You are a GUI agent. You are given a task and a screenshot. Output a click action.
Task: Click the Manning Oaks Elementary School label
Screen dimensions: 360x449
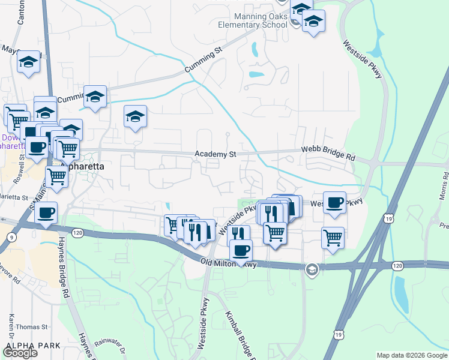[x=252, y=20]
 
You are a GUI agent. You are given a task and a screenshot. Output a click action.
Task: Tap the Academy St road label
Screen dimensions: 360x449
[x=215, y=154]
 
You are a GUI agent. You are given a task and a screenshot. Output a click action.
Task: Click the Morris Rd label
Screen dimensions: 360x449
[x=444, y=186]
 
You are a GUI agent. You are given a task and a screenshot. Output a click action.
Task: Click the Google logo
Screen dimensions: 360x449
[x=19, y=353]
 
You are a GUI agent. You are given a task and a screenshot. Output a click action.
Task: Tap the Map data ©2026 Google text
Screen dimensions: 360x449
[x=411, y=355]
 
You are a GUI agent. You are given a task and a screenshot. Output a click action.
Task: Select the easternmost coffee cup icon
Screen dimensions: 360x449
[x=334, y=202]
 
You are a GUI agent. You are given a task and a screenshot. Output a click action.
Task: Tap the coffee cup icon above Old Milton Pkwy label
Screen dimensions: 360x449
[x=241, y=250]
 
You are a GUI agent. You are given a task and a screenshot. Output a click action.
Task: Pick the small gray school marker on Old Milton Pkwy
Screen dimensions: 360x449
[x=312, y=269]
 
